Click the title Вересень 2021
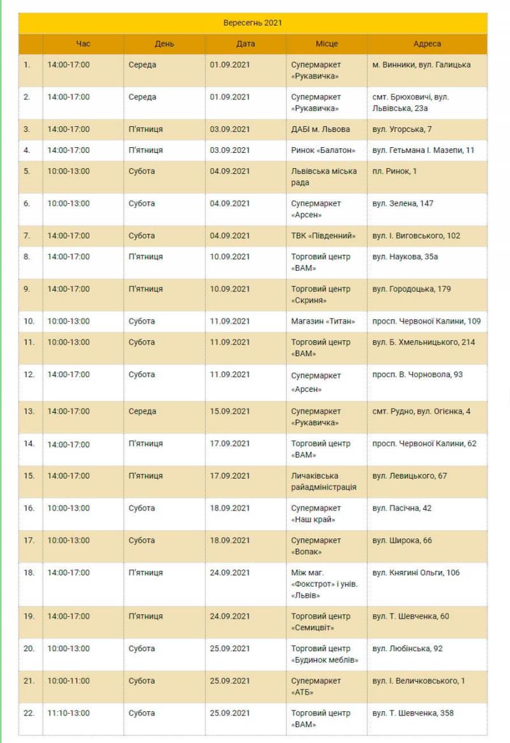(x=252, y=23)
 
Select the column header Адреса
(x=426, y=44)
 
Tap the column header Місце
(x=326, y=44)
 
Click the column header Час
(x=83, y=44)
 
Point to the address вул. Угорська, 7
(x=402, y=129)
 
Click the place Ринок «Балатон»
(x=323, y=150)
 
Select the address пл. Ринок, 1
(x=394, y=171)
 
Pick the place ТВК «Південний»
(x=323, y=236)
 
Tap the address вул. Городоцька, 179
(x=411, y=289)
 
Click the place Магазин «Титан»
(x=323, y=321)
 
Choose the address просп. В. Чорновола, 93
(x=418, y=375)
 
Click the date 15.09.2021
(x=229, y=412)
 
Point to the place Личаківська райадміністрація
(x=324, y=482)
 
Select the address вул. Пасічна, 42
(x=402, y=509)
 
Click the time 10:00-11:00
(x=68, y=681)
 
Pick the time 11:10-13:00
(x=68, y=713)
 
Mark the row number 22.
(x=29, y=713)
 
